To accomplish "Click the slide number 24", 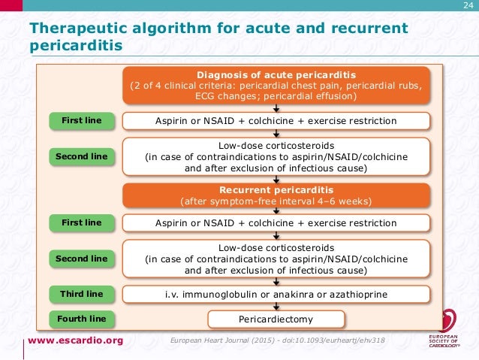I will click(468, 7).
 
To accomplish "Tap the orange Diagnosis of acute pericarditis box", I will click(276, 86).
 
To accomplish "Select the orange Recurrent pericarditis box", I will click(276, 195).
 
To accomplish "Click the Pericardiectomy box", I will click(276, 319).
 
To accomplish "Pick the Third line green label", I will click(81, 292).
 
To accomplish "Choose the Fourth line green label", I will click(81, 319).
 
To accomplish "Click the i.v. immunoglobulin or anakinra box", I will click(276, 293).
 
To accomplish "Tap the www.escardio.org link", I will click(75, 341).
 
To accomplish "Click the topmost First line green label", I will click(81, 120).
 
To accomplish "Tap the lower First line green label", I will click(81, 222).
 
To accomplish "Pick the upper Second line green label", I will click(81, 156).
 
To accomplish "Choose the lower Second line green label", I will click(81, 258).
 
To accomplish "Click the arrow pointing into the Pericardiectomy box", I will click(277, 307).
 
